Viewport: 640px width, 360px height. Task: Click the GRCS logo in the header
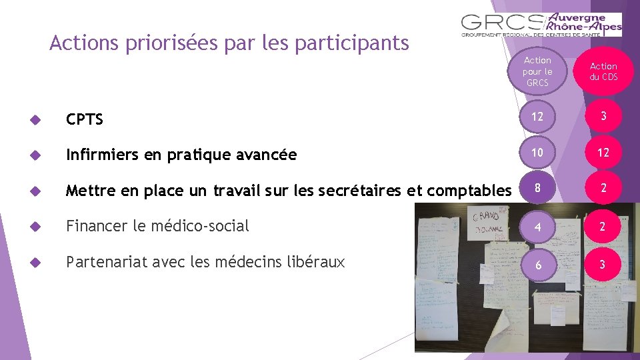[541, 25]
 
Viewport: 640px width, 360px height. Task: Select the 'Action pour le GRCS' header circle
[537, 71]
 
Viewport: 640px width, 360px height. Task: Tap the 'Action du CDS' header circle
[603, 71]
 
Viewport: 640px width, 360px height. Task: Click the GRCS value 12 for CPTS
[537, 117]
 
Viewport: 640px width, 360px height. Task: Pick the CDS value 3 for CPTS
[603, 117]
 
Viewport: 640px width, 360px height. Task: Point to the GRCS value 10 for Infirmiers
[537, 153]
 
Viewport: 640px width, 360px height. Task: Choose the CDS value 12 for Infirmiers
[603, 153]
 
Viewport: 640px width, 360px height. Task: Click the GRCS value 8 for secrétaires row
[537, 189]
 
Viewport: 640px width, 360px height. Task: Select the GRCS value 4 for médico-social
[537, 227]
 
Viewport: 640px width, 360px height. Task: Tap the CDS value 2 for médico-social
[603, 227]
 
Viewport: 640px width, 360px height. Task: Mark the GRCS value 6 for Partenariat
[537, 263]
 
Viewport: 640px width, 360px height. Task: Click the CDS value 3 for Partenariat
[603, 263]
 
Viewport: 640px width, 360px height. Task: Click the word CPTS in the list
[85, 120]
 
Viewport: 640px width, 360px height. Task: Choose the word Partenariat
[104, 262]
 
